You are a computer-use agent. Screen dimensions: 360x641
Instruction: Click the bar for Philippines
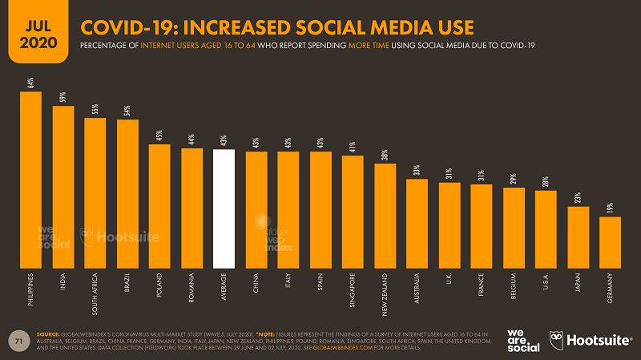click(x=30, y=180)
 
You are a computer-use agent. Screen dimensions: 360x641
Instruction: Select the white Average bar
click(x=224, y=208)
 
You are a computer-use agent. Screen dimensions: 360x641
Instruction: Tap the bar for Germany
click(x=610, y=242)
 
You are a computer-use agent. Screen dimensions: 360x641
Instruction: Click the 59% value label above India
click(x=62, y=98)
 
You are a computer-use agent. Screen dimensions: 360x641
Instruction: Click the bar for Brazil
click(x=127, y=193)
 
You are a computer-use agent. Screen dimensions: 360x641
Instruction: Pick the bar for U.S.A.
click(x=546, y=229)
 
